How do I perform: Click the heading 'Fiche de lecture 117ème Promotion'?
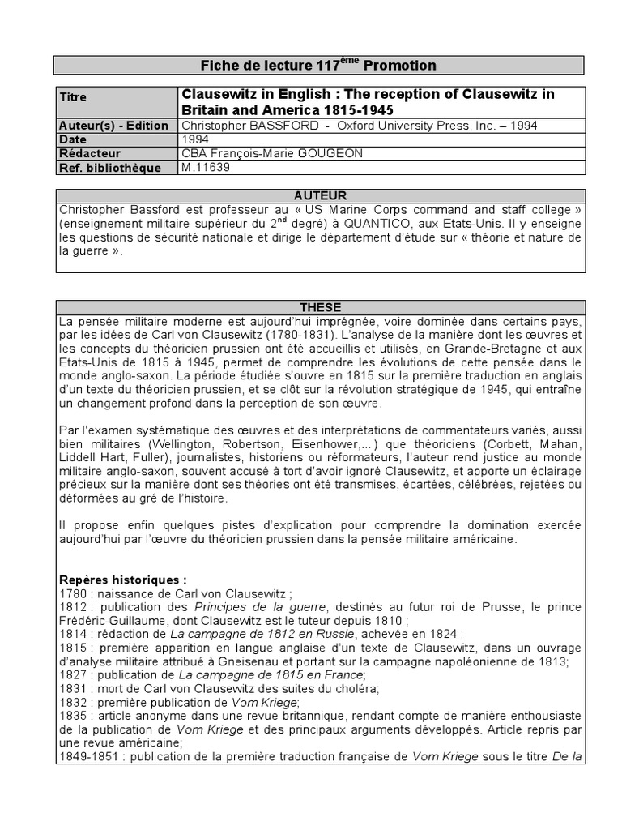[317, 65]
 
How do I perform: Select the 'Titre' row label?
[74, 97]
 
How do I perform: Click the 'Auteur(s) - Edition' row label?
[113, 126]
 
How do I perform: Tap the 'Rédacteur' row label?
[90, 153]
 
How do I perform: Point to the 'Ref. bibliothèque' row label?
[109, 168]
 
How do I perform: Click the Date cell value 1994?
[195, 139]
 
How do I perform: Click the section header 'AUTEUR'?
[320, 195]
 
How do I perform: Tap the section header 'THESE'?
[320, 307]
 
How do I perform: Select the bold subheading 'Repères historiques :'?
[122, 580]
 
